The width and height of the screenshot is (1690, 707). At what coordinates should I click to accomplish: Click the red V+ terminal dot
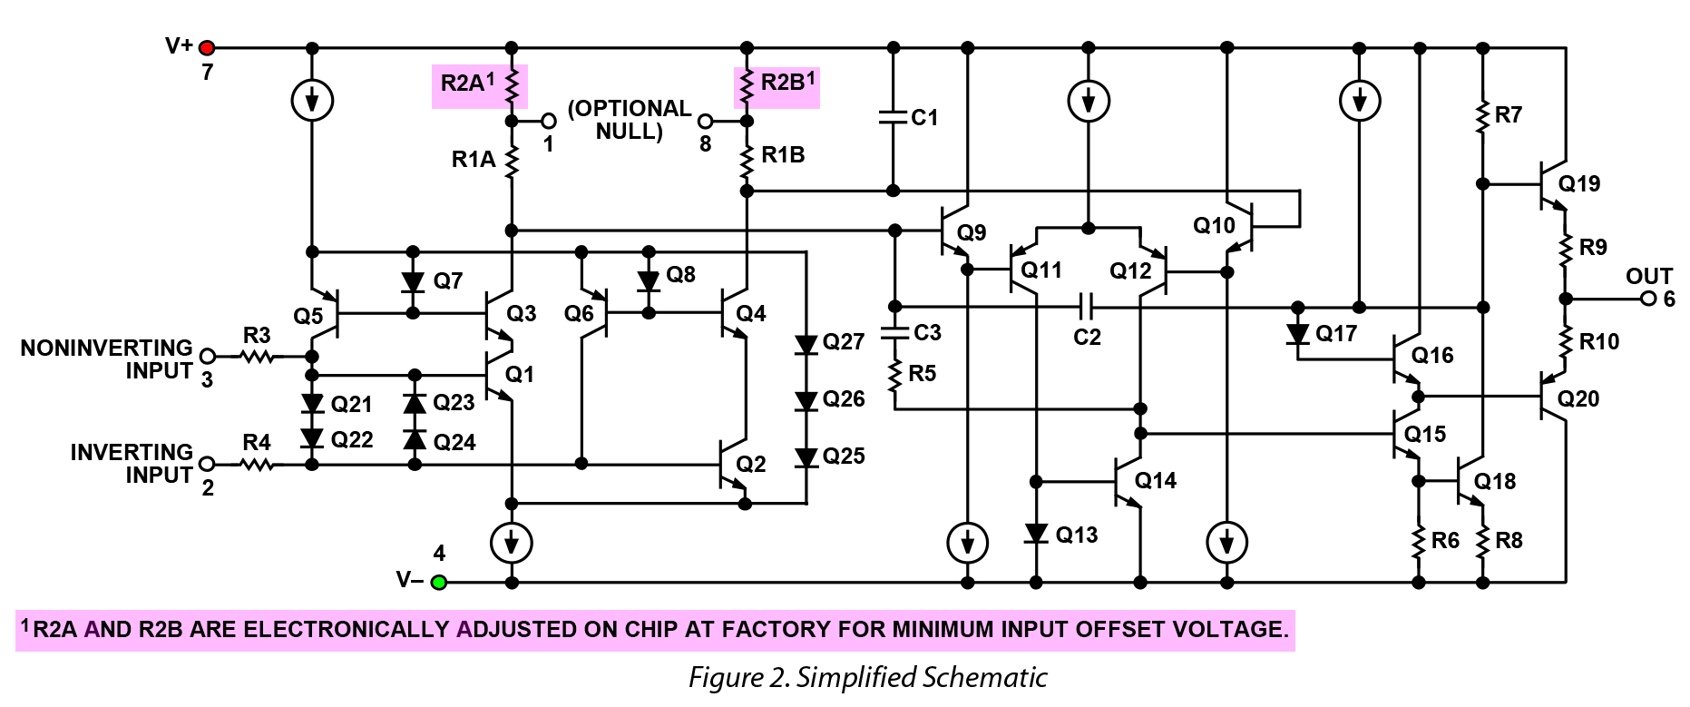point(207,47)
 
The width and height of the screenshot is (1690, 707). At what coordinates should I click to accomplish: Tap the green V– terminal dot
point(438,582)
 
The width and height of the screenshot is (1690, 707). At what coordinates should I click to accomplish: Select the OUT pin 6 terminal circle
point(1648,299)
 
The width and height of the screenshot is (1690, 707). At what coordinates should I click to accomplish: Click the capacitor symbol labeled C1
point(894,116)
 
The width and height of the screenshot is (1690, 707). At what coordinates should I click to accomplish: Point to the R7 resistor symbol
point(1483,116)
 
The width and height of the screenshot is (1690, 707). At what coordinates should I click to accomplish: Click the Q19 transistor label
point(1579,183)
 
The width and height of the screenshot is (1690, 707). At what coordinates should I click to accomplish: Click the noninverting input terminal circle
point(207,357)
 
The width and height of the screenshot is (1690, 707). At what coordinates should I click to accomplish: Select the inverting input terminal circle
point(207,465)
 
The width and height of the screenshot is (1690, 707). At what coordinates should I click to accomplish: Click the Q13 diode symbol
point(1036,533)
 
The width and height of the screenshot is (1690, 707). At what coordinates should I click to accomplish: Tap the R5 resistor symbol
point(894,374)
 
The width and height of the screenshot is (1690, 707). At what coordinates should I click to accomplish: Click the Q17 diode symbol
point(1298,333)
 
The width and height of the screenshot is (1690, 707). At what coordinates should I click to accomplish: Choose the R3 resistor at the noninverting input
point(259,357)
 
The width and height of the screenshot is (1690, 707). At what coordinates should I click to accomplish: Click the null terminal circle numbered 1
point(548,121)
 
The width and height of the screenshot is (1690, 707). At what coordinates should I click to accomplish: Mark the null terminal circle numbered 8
point(705,121)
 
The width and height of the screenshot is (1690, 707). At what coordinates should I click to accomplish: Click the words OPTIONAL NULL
point(630,120)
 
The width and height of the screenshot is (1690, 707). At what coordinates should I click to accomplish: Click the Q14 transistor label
point(1156,480)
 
